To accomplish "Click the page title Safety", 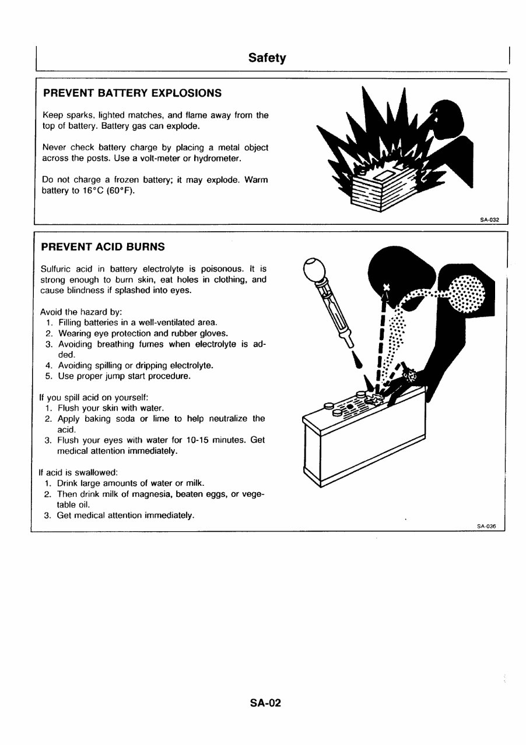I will point(267,58).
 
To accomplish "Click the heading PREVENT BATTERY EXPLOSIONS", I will point(132,93).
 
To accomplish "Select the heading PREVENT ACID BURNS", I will point(103,247).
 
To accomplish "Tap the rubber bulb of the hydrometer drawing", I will point(315,269).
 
